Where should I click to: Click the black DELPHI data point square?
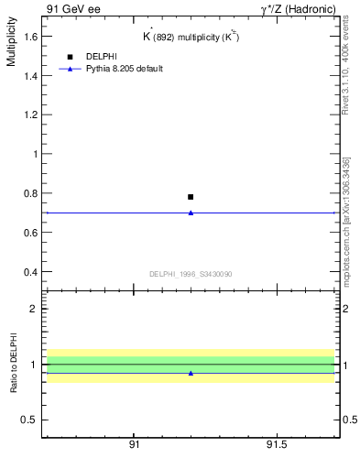pyautogui.click(x=191, y=197)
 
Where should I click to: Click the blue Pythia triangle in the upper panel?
pyautogui.click(x=191, y=213)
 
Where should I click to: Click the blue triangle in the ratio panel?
pyautogui.click(x=191, y=373)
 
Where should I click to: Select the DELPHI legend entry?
pyautogui.click(x=101, y=57)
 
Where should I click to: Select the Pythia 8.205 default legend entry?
pyautogui.click(x=124, y=69)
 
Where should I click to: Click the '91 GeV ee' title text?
pyautogui.click(x=73, y=8)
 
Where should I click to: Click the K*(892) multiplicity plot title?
pyautogui.click(x=190, y=36)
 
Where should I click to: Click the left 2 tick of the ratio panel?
pyautogui.click(x=35, y=310)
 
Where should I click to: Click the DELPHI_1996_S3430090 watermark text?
pyautogui.click(x=191, y=274)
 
